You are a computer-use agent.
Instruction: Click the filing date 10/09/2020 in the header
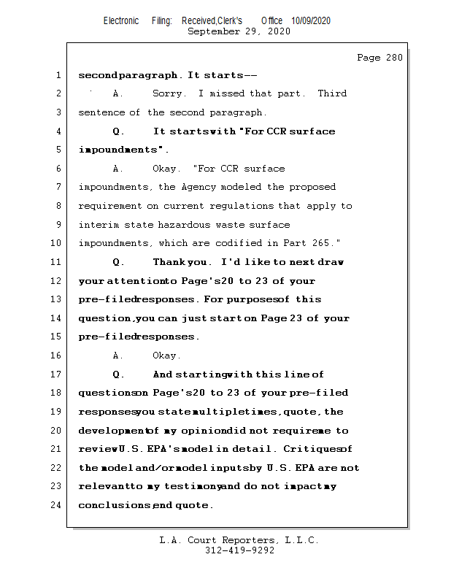tap(310, 21)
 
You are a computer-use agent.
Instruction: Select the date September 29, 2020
tap(239, 31)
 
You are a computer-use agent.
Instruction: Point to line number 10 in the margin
tap(56, 243)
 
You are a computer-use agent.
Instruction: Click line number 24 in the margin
tap(56, 505)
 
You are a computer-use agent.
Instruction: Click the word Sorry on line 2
tap(168, 93)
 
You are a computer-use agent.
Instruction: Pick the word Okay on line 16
tap(166, 356)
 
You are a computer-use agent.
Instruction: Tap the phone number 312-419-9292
tap(239, 551)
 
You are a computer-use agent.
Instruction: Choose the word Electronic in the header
tap(121, 21)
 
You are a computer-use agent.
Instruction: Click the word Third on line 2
tap(332, 93)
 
